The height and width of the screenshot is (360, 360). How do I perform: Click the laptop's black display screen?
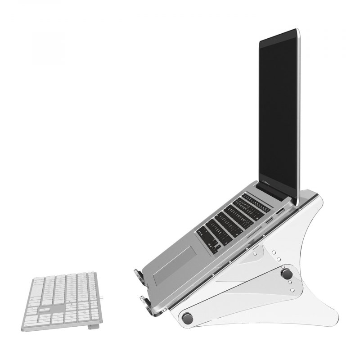pos(279,112)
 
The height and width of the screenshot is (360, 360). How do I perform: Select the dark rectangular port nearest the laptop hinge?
pos(280,211)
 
